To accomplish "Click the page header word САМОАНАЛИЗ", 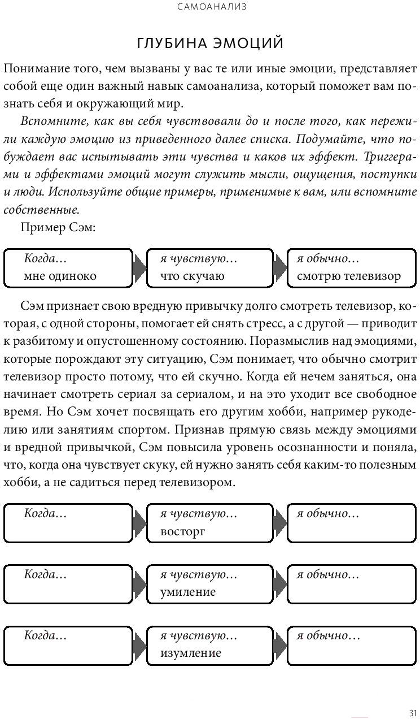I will tap(210, 7).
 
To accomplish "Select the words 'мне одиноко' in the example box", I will tap(60, 276).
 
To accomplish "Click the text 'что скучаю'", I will tap(192, 276).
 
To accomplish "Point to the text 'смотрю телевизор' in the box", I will tap(348, 276).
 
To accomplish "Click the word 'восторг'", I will tap(182, 531).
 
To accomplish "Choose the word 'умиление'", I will tap(188, 592).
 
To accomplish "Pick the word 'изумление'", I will tap(190, 653).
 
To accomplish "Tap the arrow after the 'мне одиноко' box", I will tap(139, 267).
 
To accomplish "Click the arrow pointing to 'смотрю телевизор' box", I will tap(279, 267).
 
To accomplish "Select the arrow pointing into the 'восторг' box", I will tap(139, 523).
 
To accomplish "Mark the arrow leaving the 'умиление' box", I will tap(279, 583).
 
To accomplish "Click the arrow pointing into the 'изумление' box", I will tap(139, 644).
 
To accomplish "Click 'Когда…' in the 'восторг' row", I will tap(45, 514).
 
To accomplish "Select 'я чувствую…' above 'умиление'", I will tap(198, 575).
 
